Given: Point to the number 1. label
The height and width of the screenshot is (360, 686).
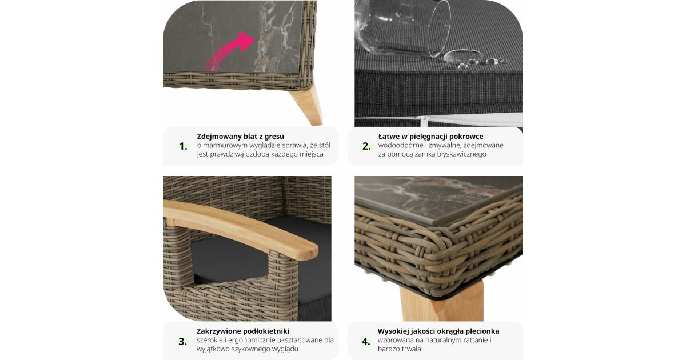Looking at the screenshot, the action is pyautogui.click(x=183, y=146).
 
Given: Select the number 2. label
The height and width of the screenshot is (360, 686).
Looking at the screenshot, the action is pyautogui.click(x=366, y=146).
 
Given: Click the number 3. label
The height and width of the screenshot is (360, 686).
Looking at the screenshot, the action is pyautogui.click(x=183, y=341).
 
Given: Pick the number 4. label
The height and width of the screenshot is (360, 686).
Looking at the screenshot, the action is pyautogui.click(x=366, y=341).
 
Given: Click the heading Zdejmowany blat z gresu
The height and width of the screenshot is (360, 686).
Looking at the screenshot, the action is pyautogui.click(x=241, y=136).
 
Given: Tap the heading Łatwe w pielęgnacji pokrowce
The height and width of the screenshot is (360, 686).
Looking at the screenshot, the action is pyautogui.click(x=430, y=136).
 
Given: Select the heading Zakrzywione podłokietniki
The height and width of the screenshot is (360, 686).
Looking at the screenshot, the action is pyautogui.click(x=243, y=331).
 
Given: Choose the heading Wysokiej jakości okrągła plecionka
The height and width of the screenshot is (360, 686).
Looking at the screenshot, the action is pyautogui.click(x=438, y=331).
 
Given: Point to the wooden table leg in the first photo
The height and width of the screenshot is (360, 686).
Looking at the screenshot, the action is pyautogui.click(x=306, y=104).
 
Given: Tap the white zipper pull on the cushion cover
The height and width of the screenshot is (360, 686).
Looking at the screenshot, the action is pyautogui.click(x=424, y=122).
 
